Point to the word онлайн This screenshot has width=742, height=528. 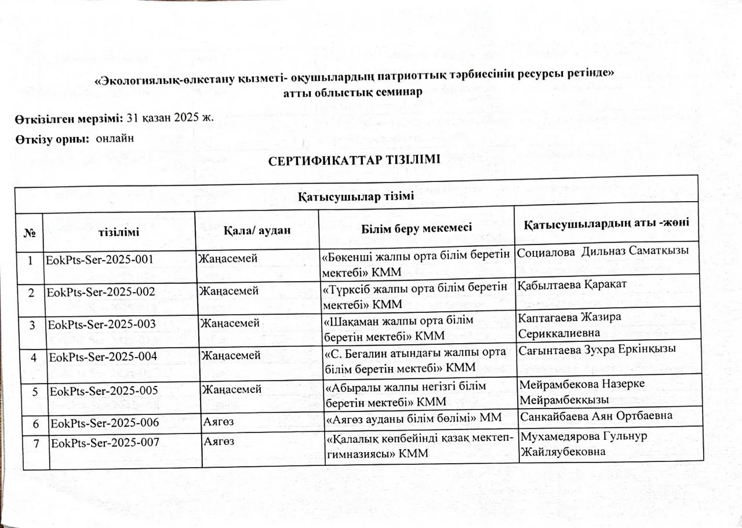(115, 139)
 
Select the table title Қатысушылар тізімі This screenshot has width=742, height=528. (356, 196)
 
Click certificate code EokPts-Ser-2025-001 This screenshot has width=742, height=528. (99, 260)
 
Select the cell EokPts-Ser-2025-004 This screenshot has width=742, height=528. (103, 355)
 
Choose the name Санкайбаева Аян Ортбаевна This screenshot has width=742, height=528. (596, 416)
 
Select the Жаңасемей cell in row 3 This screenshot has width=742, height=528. (230, 322)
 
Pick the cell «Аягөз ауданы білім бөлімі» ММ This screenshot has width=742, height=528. (413, 418)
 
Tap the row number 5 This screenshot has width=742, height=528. (36, 392)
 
